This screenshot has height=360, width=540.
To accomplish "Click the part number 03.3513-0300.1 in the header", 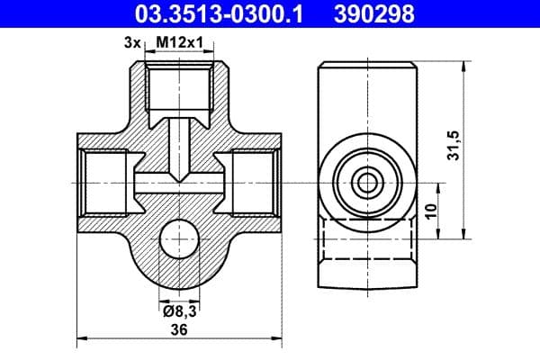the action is click(x=219, y=14).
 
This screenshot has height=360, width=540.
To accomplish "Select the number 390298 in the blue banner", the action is click(x=374, y=14).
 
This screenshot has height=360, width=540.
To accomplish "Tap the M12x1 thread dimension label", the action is click(x=180, y=42).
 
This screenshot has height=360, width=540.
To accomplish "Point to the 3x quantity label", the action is click(x=132, y=43).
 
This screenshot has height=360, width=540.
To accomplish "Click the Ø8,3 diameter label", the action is click(x=180, y=311).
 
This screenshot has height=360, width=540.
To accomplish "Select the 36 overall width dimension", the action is click(x=179, y=329).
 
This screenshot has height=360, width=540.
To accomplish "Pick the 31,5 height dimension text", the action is click(x=454, y=146).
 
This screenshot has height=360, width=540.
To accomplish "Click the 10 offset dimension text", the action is click(x=431, y=211).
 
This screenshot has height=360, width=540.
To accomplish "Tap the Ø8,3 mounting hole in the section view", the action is click(x=179, y=238).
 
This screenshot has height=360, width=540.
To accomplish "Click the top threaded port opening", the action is click(x=179, y=88).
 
